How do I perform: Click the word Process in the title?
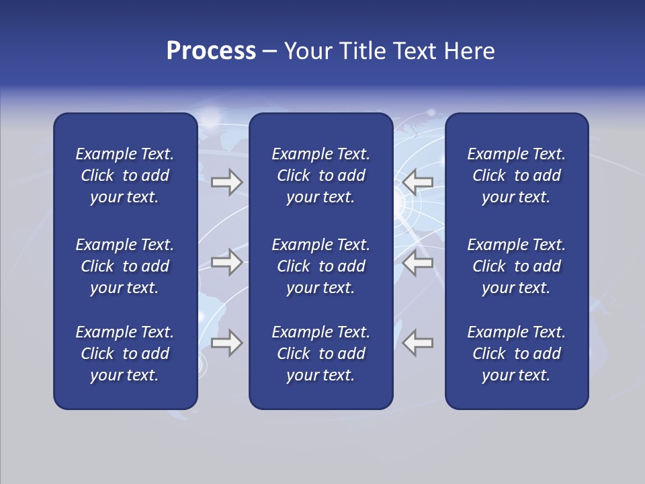[211, 51]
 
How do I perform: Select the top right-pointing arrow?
[226, 182]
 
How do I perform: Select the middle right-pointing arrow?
[226, 262]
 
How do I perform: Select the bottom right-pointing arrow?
[226, 343]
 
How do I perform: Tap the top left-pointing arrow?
[418, 182]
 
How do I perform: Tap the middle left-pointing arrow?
[418, 262]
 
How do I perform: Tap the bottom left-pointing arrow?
[418, 343]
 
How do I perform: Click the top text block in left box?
[124, 175]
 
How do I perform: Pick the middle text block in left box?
[124, 266]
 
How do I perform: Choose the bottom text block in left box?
[124, 354]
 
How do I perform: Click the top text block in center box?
[320, 175]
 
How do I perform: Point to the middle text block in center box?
[320, 266]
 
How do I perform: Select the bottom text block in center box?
[320, 354]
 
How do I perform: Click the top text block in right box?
[516, 175]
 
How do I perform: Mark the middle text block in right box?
[516, 266]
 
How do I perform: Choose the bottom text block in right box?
[516, 354]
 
